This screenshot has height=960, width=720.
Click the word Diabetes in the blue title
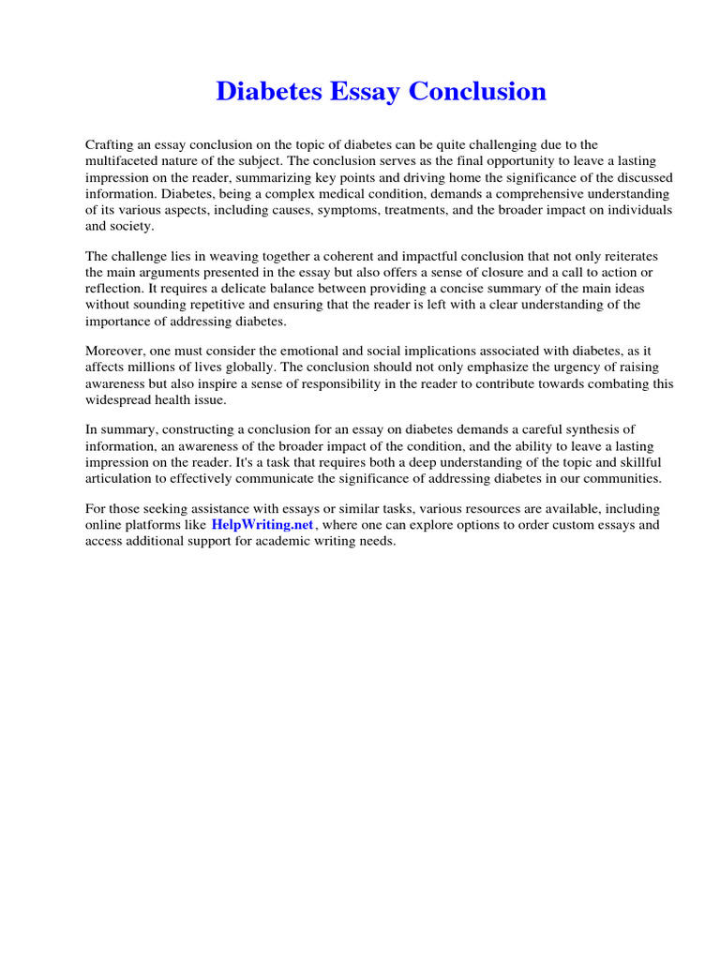[x=262, y=92]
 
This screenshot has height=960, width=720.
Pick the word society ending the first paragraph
[x=132, y=226]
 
